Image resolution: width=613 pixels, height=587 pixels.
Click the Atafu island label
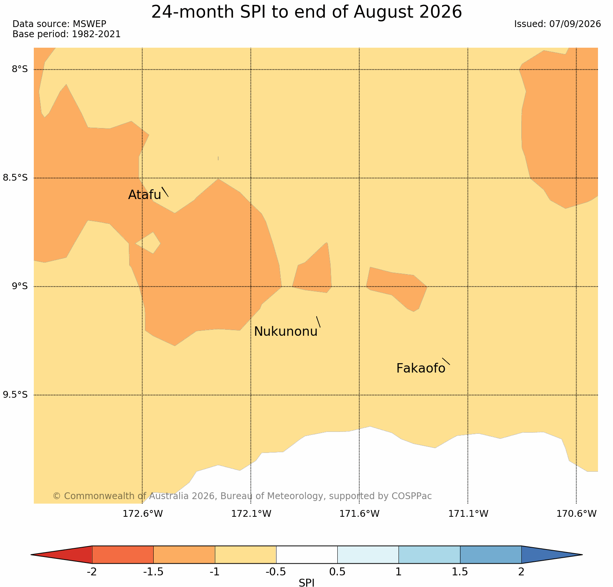pyautogui.click(x=145, y=195)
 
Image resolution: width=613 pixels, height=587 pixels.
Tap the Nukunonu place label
pyautogui.click(x=286, y=332)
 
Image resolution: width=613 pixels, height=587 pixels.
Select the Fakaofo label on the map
pyautogui.click(x=421, y=368)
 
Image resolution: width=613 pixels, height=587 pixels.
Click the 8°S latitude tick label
pyautogui.click(x=20, y=69)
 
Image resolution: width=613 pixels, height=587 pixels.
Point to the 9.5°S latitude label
pyautogui.click(x=15, y=395)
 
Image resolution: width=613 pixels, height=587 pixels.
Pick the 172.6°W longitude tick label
pyautogui.click(x=143, y=514)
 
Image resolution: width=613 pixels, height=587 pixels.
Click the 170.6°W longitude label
pyautogui.click(x=576, y=514)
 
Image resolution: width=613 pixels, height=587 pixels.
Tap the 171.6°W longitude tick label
pyautogui.click(x=359, y=514)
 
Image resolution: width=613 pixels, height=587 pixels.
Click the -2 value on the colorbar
pyautogui.click(x=92, y=572)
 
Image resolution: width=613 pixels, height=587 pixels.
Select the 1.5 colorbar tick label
pyautogui.click(x=460, y=572)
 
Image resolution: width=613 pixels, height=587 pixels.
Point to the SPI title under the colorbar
pyautogui.click(x=306, y=582)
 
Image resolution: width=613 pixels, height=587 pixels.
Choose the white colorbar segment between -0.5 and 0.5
pyautogui.click(x=306, y=555)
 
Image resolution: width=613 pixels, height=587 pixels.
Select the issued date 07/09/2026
pyautogui.click(x=575, y=24)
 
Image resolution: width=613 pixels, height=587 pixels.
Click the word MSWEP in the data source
pyautogui.click(x=89, y=24)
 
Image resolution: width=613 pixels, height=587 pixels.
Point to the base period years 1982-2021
pyautogui.click(x=96, y=34)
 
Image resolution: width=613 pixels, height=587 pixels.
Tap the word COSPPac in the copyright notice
pyautogui.click(x=412, y=496)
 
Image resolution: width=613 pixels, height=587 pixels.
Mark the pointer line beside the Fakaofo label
pyautogui.click(x=446, y=361)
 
